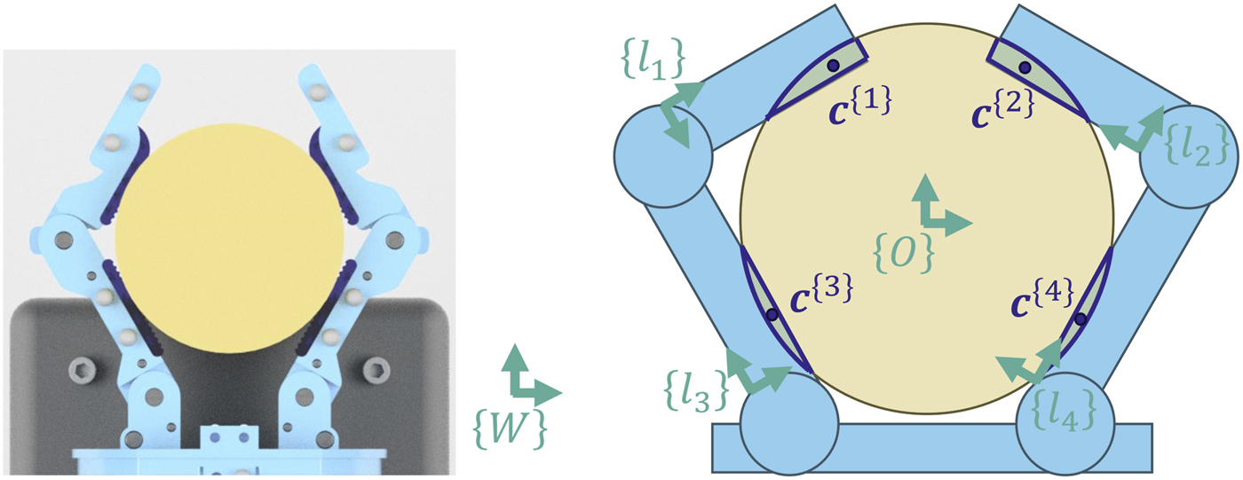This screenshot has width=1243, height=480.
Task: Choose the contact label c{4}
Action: tap(1043, 297)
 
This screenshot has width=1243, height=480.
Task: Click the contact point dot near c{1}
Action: tap(833, 65)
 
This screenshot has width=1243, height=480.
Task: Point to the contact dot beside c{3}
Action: tap(772, 314)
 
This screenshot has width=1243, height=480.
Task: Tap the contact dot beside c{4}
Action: tap(1080, 319)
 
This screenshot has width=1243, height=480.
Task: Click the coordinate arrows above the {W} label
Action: tap(530, 377)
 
